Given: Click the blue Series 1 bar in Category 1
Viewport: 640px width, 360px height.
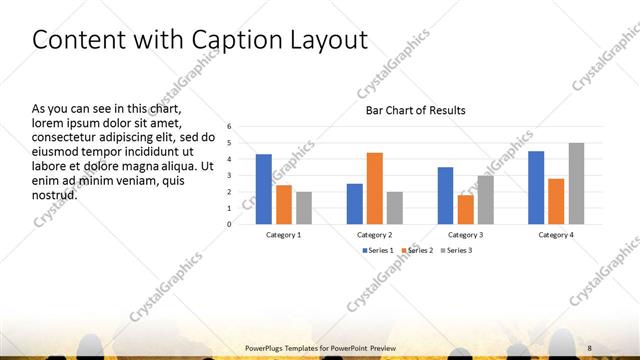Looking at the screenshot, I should point(264,189).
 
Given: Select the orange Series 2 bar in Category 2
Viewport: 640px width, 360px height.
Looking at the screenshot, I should point(375,188).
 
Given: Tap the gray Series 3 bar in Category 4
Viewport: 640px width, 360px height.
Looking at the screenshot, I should point(576,183).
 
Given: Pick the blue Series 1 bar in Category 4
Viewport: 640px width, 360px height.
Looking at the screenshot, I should point(536,187).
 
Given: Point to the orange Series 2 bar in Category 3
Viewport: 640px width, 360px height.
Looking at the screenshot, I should point(465,209).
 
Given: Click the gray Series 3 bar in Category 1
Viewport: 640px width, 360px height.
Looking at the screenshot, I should point(304,207).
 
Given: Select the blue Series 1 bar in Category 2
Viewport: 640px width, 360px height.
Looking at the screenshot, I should point(355,203).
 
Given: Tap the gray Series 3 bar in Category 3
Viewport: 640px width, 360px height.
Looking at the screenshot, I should point(485,199).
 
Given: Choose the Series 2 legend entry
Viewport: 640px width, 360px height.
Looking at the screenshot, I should point(417,250).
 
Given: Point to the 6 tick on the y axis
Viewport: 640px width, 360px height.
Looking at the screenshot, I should point(230,127).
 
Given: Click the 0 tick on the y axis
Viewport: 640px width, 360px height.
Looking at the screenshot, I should point(230,224).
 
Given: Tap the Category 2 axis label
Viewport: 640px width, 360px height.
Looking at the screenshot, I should point(375,234).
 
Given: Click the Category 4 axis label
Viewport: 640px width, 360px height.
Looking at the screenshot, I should point(556,234).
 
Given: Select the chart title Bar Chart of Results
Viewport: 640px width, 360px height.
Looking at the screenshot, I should point(415,110).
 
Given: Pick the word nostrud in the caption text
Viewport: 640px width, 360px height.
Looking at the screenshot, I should point(55,194).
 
